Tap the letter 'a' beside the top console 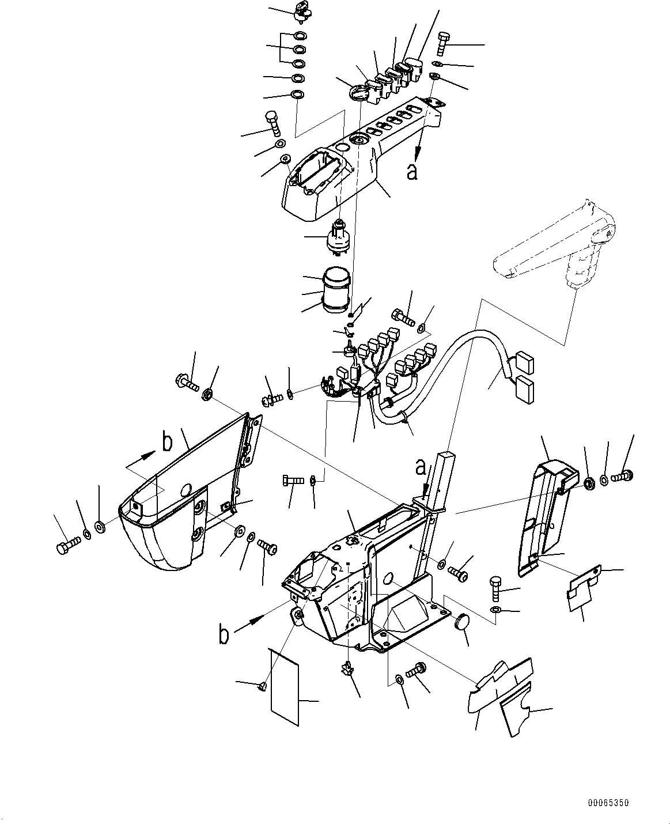(x=411, y=171)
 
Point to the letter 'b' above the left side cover (x=167, y=443)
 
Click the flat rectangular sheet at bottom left (x=285, y=686)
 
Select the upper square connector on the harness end (x=524, y=364)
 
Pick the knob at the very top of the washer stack (x=302, y=8)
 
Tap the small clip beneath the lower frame (x=347, y=668)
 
